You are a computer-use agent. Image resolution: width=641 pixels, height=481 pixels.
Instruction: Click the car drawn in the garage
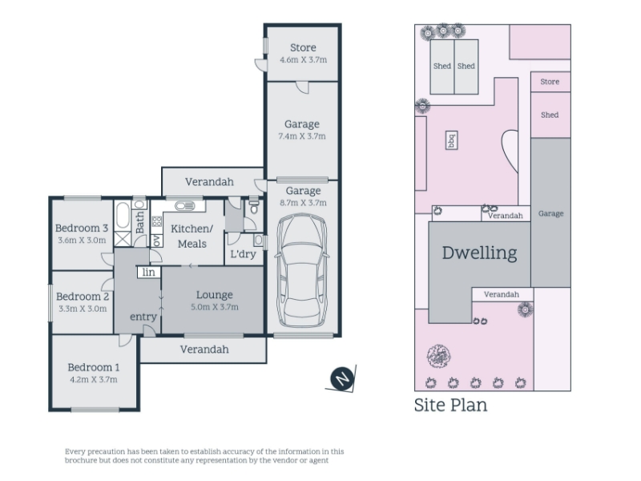(303, 271)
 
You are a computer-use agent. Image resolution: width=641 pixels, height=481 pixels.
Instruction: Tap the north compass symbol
(342, 378)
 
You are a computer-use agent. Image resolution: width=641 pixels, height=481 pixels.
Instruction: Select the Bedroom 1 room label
(94, 367)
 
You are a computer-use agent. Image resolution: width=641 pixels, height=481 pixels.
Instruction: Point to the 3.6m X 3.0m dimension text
(82, 240)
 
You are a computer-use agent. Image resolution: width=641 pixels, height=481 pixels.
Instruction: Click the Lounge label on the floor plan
(215, 294)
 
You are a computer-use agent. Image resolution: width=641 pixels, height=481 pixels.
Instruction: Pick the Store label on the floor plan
(303, 48)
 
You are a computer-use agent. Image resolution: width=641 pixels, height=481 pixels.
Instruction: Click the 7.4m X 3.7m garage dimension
(302, 136)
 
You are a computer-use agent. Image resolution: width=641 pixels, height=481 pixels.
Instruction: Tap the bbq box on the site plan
(451, 140)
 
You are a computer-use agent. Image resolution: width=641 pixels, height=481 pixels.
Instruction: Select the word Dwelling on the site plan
(479, 253)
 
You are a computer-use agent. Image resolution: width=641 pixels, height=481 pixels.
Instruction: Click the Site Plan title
(450, 406)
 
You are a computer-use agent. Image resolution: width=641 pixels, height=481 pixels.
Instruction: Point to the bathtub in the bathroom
(123, 215)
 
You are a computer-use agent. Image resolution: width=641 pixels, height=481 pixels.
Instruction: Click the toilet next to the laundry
(254, 207)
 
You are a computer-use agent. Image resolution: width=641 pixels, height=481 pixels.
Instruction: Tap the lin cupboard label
(149, 272)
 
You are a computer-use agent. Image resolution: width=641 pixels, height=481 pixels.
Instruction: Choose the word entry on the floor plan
(143, 317)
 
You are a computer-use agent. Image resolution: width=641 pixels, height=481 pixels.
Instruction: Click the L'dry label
(244, 254)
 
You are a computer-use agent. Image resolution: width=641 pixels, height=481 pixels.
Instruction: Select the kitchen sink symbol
(185, 206)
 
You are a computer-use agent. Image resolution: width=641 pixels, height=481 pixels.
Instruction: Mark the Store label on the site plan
(550, 82)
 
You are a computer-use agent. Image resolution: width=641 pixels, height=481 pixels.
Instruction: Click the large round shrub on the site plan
(438, 356)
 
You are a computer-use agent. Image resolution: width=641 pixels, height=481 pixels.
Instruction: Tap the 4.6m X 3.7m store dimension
(304, 59)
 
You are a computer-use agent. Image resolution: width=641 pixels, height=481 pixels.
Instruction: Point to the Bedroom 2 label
(83, 296)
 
